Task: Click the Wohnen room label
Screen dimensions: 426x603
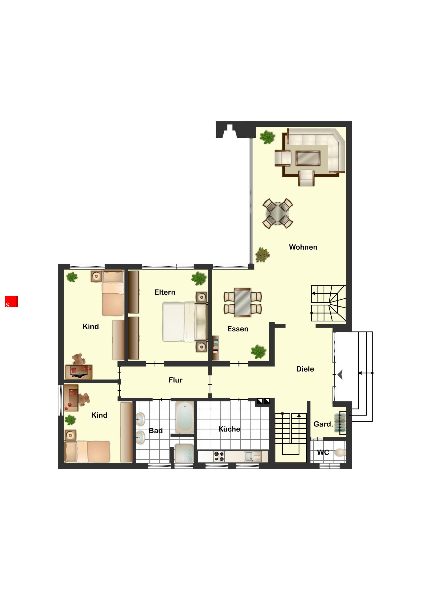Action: click(303, 247)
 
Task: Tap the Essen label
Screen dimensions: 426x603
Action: click(238, 329)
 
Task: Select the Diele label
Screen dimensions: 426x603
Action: click(305, 369)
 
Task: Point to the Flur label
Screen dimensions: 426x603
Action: click(176, 380)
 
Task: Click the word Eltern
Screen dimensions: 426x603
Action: click(165, 292)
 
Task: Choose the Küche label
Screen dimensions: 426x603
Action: click(229, 429)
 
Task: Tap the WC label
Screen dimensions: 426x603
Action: click(323, 453)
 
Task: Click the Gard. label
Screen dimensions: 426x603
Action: click(323, 424)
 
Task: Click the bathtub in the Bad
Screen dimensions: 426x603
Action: click(185, 417)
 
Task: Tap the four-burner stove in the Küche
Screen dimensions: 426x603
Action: click(219, 456)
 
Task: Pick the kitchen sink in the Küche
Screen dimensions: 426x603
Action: click(253, 456)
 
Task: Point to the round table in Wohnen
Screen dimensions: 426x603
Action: click(278, 213)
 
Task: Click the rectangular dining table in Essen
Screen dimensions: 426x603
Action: click(243, 302)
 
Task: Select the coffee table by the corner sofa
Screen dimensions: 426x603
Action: click(308, 158)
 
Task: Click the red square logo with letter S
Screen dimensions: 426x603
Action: click(12, 301)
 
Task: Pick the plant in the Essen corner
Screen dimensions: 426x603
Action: click(258, 352)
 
